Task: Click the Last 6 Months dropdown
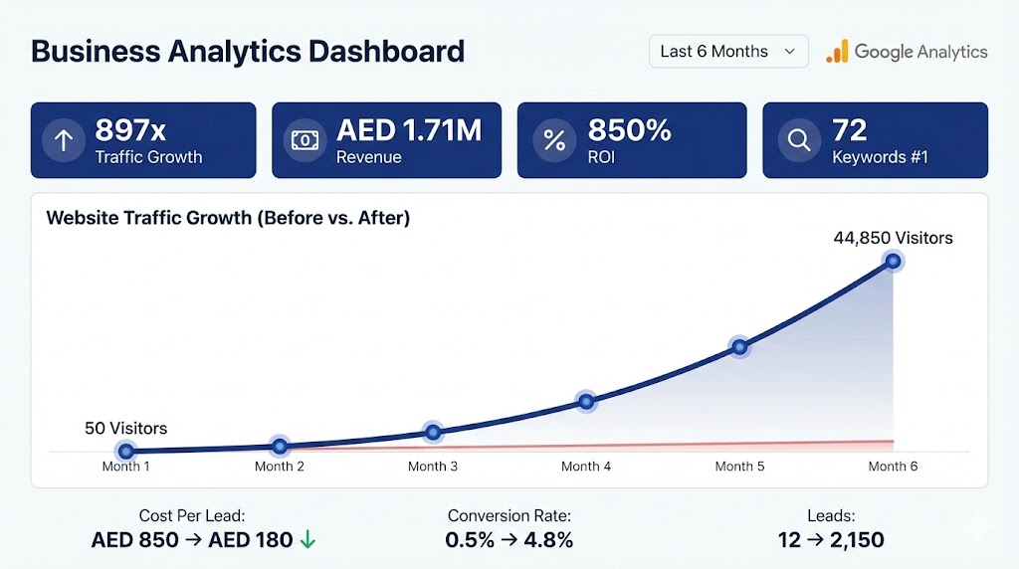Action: coord(727,52)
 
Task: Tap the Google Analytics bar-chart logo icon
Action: coord(837,52)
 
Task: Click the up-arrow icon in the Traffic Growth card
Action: coord(64,140)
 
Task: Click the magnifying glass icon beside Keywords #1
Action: coord(798,140)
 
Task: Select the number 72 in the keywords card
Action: coord(849,130)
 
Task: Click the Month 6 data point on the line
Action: coord(893,262)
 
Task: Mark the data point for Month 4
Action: coord(586,402)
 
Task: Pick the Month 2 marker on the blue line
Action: coord(280,447)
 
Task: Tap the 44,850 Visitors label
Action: coord(893,238)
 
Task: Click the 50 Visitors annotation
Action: coord(126,429)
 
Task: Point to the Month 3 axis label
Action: coord(433,467)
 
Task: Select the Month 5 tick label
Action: coord(739,467)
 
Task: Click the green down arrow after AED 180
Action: coord(307,540)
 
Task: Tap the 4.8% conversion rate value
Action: coord(550,540)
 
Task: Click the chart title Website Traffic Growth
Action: coord(228,218)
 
